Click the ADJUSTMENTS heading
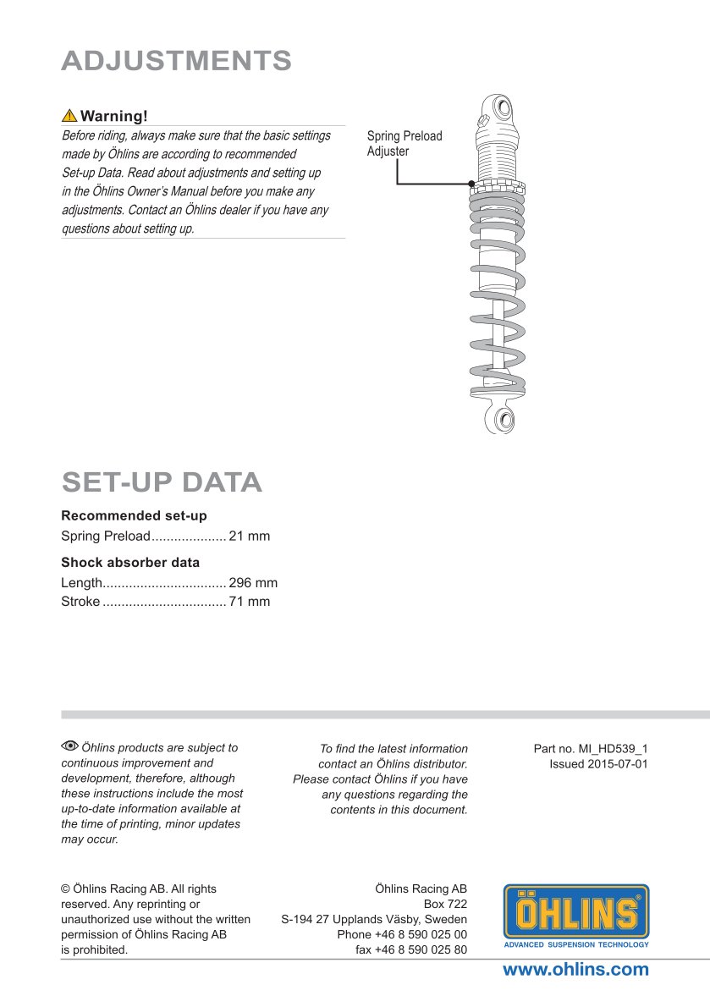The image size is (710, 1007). point(177,61)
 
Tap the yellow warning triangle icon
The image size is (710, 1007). point(69,116)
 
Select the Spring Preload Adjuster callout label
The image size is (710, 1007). point(405,143)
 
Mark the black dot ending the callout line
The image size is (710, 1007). point(471,184)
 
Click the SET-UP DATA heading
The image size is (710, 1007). point(162,482)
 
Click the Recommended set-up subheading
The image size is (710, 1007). point(134,515)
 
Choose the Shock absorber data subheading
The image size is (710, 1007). point(130,562)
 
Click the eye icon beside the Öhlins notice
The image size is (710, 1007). point(69,746)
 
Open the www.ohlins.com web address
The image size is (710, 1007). point(575,970)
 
